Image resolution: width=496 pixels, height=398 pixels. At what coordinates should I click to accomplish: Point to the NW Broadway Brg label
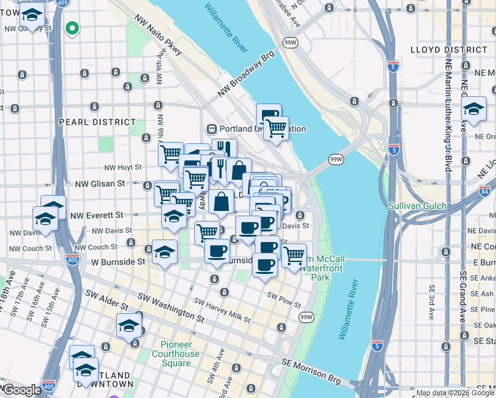click(x=245, y=77)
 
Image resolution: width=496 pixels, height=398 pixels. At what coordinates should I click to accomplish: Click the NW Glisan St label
click(x=100, y=183)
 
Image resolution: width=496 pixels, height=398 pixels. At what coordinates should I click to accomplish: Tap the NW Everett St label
click(x=97, y=215)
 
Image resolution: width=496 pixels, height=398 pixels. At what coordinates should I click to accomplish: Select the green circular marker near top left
click(x=72, y=29)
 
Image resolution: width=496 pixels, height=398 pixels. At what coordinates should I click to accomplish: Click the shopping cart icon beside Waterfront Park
click(x=294, y=255)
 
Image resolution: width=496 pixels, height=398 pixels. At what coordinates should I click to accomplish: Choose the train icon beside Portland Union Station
click(x=212, y=129)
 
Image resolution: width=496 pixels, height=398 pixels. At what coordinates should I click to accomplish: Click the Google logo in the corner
click(x=21, y=390)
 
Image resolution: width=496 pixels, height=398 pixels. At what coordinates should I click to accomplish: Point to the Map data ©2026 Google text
click(x=454, y=393)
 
